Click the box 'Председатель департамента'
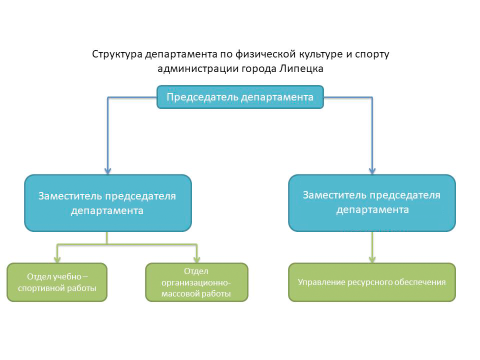tap(240, 97)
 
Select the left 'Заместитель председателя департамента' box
tap(108, 203)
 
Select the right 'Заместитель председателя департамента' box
tap(372, 203)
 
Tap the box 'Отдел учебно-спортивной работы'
tap(57, 282)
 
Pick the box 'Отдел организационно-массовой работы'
tap(196, 282)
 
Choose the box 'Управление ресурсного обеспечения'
tap(372, 282)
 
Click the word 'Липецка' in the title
tap(301, 69)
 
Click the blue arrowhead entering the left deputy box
tap(108, 171)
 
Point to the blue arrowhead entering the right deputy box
tap(372, 171)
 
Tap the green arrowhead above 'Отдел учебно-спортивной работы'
tap(57, 259)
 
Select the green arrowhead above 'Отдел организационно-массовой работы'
tap(197, 259)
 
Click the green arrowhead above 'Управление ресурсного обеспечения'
tap(372, 259)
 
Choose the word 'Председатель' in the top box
tap(202, 97)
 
